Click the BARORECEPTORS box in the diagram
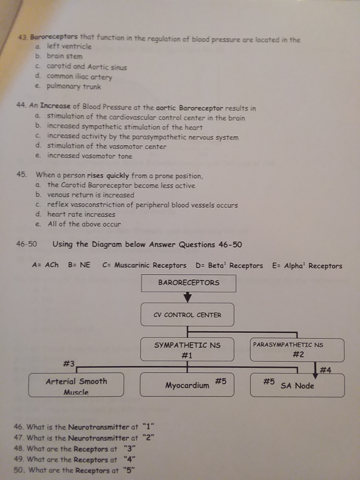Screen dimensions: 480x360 188,283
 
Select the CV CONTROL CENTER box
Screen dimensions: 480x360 187,315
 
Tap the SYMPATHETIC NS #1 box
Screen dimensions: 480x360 187,350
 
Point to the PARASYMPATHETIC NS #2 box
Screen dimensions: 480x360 297,350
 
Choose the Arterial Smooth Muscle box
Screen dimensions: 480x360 76,385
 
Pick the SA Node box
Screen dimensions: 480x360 297,385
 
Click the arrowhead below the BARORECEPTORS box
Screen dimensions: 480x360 188,297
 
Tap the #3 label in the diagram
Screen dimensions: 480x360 68,363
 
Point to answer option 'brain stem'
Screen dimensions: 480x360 64,56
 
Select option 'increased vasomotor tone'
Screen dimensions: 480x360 90,156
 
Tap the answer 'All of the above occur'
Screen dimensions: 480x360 84,224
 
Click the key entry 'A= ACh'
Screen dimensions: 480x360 45,265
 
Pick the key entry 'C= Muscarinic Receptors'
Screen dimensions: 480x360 144,265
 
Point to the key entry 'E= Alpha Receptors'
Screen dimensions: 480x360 307,265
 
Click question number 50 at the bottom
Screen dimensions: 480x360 20,470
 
